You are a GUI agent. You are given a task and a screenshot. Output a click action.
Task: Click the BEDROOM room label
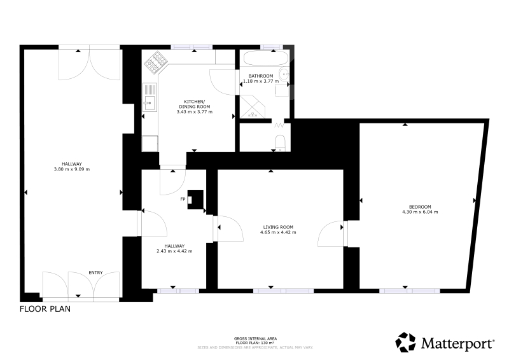click(x=420, y=207)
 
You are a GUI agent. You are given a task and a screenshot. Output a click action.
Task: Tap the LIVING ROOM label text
click(x=278, y=227)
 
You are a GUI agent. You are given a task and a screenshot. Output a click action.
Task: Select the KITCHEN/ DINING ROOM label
click(x=195, y=104)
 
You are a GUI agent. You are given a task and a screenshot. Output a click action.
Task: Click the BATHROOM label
click(x=261, y=76)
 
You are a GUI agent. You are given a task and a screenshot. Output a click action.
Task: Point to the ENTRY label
click(x=96, y=273)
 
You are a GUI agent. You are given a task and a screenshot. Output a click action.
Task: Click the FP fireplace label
click(x=183, y=199)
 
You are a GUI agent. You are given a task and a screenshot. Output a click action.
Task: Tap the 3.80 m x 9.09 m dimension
click(x=72, y=169)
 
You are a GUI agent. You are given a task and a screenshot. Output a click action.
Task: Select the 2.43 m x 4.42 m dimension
click(x=174, y=251)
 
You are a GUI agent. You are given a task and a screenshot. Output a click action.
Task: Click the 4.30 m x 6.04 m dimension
click(x=420, y=212)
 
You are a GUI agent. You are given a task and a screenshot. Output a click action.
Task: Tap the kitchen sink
click(x=150, y=97)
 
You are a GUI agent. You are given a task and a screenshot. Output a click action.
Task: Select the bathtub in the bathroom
click(x=265, y=59)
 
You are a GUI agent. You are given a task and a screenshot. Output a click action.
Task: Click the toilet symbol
click(x=280, y=143)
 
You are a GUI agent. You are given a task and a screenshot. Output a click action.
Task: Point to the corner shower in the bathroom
click(x=252, y=106)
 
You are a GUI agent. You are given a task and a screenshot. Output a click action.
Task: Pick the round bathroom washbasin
click(x=284, y=74)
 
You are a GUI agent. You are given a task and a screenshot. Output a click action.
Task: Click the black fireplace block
click(x=195, y=200)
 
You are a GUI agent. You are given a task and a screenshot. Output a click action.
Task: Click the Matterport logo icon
click(x=405, y=342)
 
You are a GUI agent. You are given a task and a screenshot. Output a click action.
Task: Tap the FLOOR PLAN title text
click(x=45, y=308)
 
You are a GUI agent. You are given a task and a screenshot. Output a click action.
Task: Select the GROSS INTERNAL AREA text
click(x=256, y=339)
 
